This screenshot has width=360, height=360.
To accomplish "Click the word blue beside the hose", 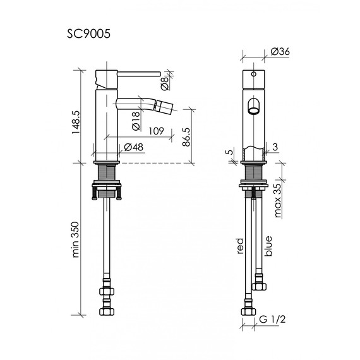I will coord(268,245).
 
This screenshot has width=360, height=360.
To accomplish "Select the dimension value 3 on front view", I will coord(277,147).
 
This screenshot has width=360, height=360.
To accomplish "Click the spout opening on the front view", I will coord(254,106).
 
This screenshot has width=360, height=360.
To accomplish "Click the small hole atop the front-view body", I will coord(254,73).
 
